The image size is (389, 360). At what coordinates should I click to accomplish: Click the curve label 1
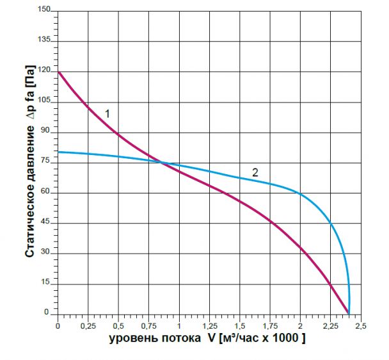click(x=107, y=113)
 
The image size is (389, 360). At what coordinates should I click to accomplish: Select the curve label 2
click(x=255, y=172)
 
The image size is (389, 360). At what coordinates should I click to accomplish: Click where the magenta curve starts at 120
click(x=58, y=72)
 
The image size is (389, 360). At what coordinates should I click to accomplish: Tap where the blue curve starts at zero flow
click(x=58, y=152)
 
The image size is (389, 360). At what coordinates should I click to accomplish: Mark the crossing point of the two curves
click(x=161, y=163)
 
